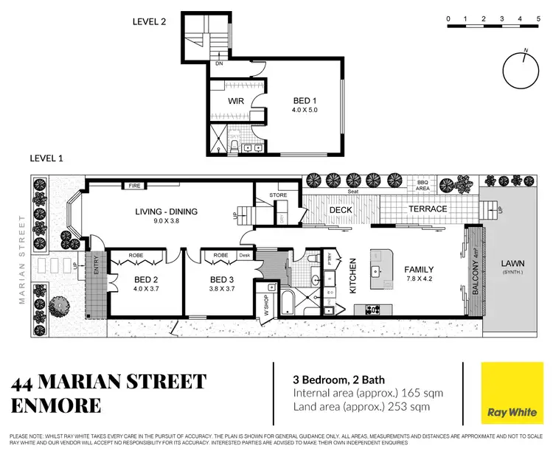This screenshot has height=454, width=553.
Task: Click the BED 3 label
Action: pos(222,279)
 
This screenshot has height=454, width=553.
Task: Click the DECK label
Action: pos(341,210)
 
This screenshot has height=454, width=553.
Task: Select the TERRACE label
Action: pos(428,209)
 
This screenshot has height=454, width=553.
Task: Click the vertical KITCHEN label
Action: pos(353,276)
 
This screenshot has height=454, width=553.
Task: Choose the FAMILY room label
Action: pos(419,270)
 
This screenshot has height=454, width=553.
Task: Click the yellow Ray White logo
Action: pos(510,394)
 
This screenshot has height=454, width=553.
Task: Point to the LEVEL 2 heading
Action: pos(149,21)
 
